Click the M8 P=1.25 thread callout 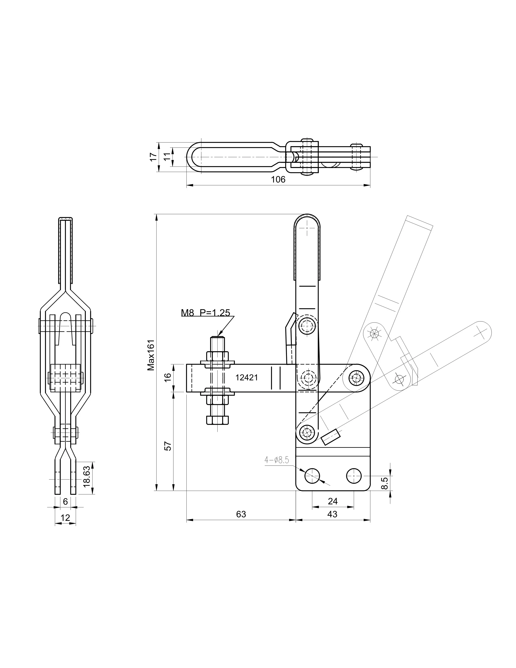205,313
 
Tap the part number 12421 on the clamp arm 246,378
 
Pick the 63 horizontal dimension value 241,514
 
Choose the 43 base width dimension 332,514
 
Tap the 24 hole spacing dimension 333,501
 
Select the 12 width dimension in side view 65,518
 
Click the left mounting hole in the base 312,476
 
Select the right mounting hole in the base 354,476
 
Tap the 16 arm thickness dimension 168,378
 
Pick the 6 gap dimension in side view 65,501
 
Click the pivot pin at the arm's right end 356,378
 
